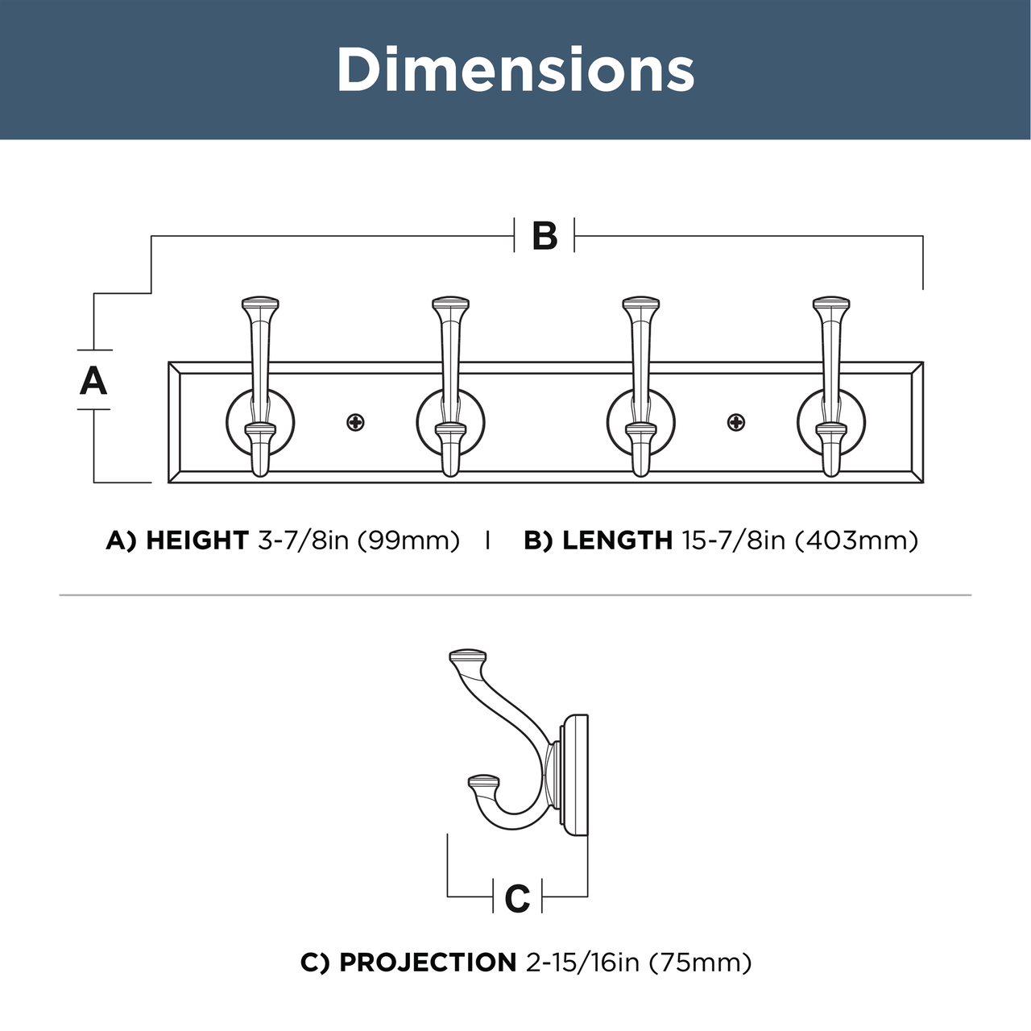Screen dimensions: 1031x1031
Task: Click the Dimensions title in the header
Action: coord(515,69)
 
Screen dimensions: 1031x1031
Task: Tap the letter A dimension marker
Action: coord(93,380)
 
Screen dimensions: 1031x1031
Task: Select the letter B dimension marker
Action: coord(544,235)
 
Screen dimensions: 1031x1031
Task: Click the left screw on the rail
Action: coord(355,423)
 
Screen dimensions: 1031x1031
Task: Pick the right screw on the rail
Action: coord(736,423)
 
